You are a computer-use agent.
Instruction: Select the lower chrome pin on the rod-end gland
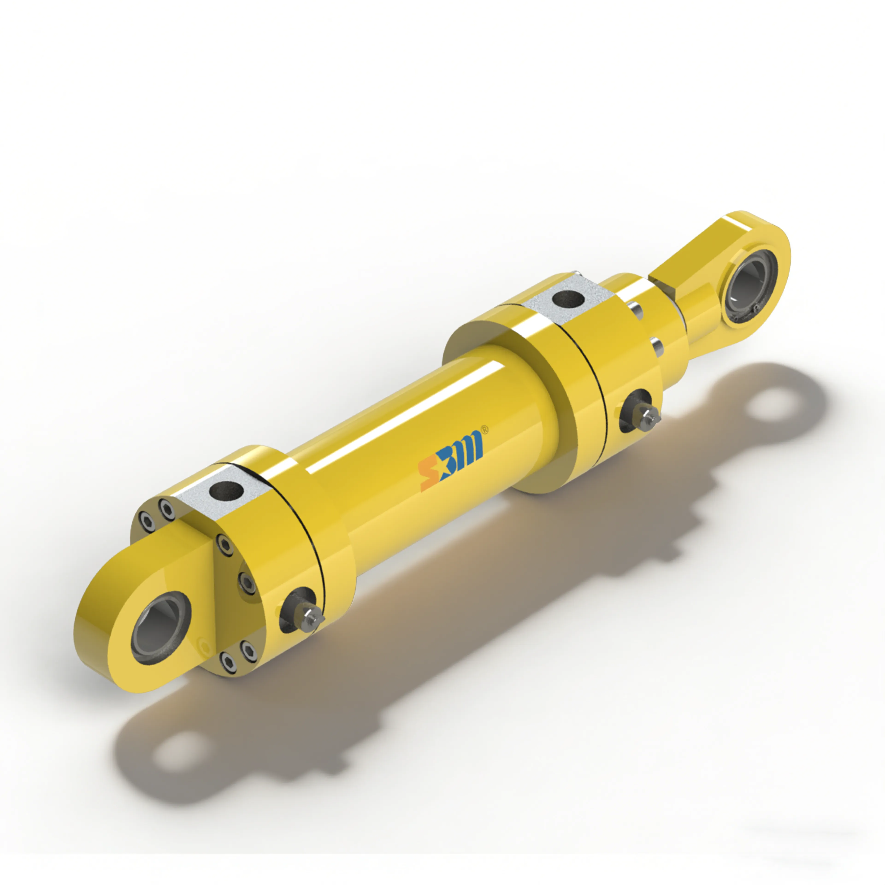point(657,346)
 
